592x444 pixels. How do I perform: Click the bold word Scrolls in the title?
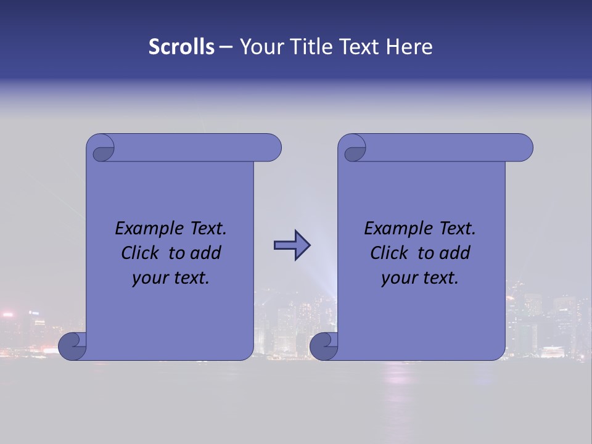click(181, 46)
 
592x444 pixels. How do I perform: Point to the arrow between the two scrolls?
click(292, 245)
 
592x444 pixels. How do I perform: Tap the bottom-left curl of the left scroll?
click(72, 346)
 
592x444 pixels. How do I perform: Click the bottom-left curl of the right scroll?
click(324, 346)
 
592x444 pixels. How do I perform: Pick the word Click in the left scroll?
click(141, 253)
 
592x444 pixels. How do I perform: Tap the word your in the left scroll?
click(150, 278)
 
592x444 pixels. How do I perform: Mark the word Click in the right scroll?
click(390, 253)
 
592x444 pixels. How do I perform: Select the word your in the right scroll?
click(399, 278)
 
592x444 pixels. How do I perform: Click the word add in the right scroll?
click(456, 253)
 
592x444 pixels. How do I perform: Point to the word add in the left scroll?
click(207, 253)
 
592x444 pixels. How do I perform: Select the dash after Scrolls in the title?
click(226, 47)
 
